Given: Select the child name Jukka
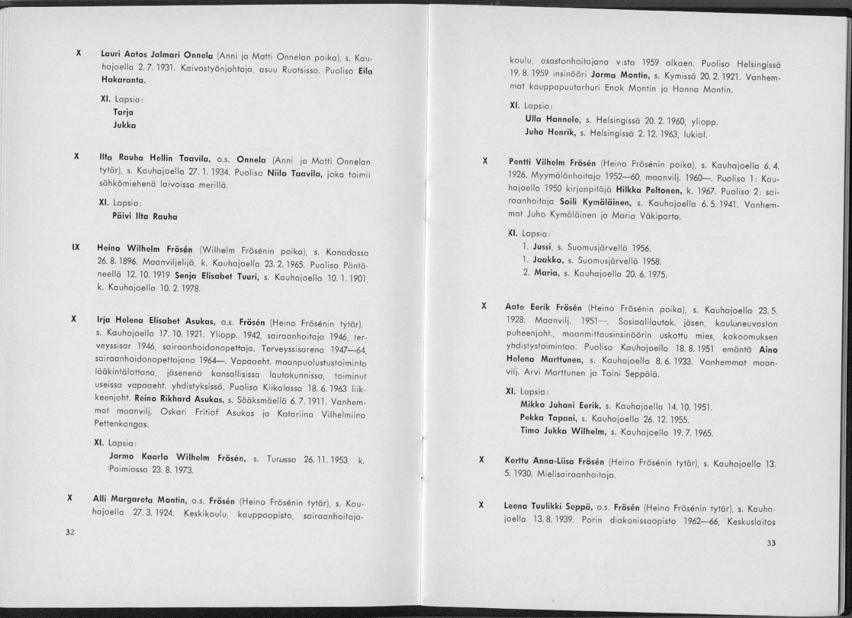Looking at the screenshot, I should click(x=124, y=125).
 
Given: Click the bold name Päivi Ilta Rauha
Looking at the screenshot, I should click(x=145, y=217).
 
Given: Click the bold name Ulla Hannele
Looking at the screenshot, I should click(x=548, y=121).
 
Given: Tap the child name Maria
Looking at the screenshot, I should click(x=547, y=273).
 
